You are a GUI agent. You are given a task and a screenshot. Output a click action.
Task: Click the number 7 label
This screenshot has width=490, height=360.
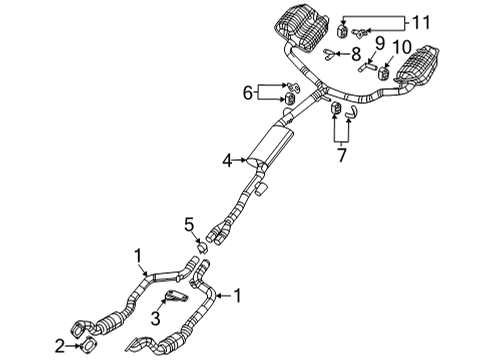342,156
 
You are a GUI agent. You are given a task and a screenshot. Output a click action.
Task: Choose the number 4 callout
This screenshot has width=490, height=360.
228,158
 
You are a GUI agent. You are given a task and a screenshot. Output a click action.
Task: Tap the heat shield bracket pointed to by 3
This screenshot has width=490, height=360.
177,297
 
